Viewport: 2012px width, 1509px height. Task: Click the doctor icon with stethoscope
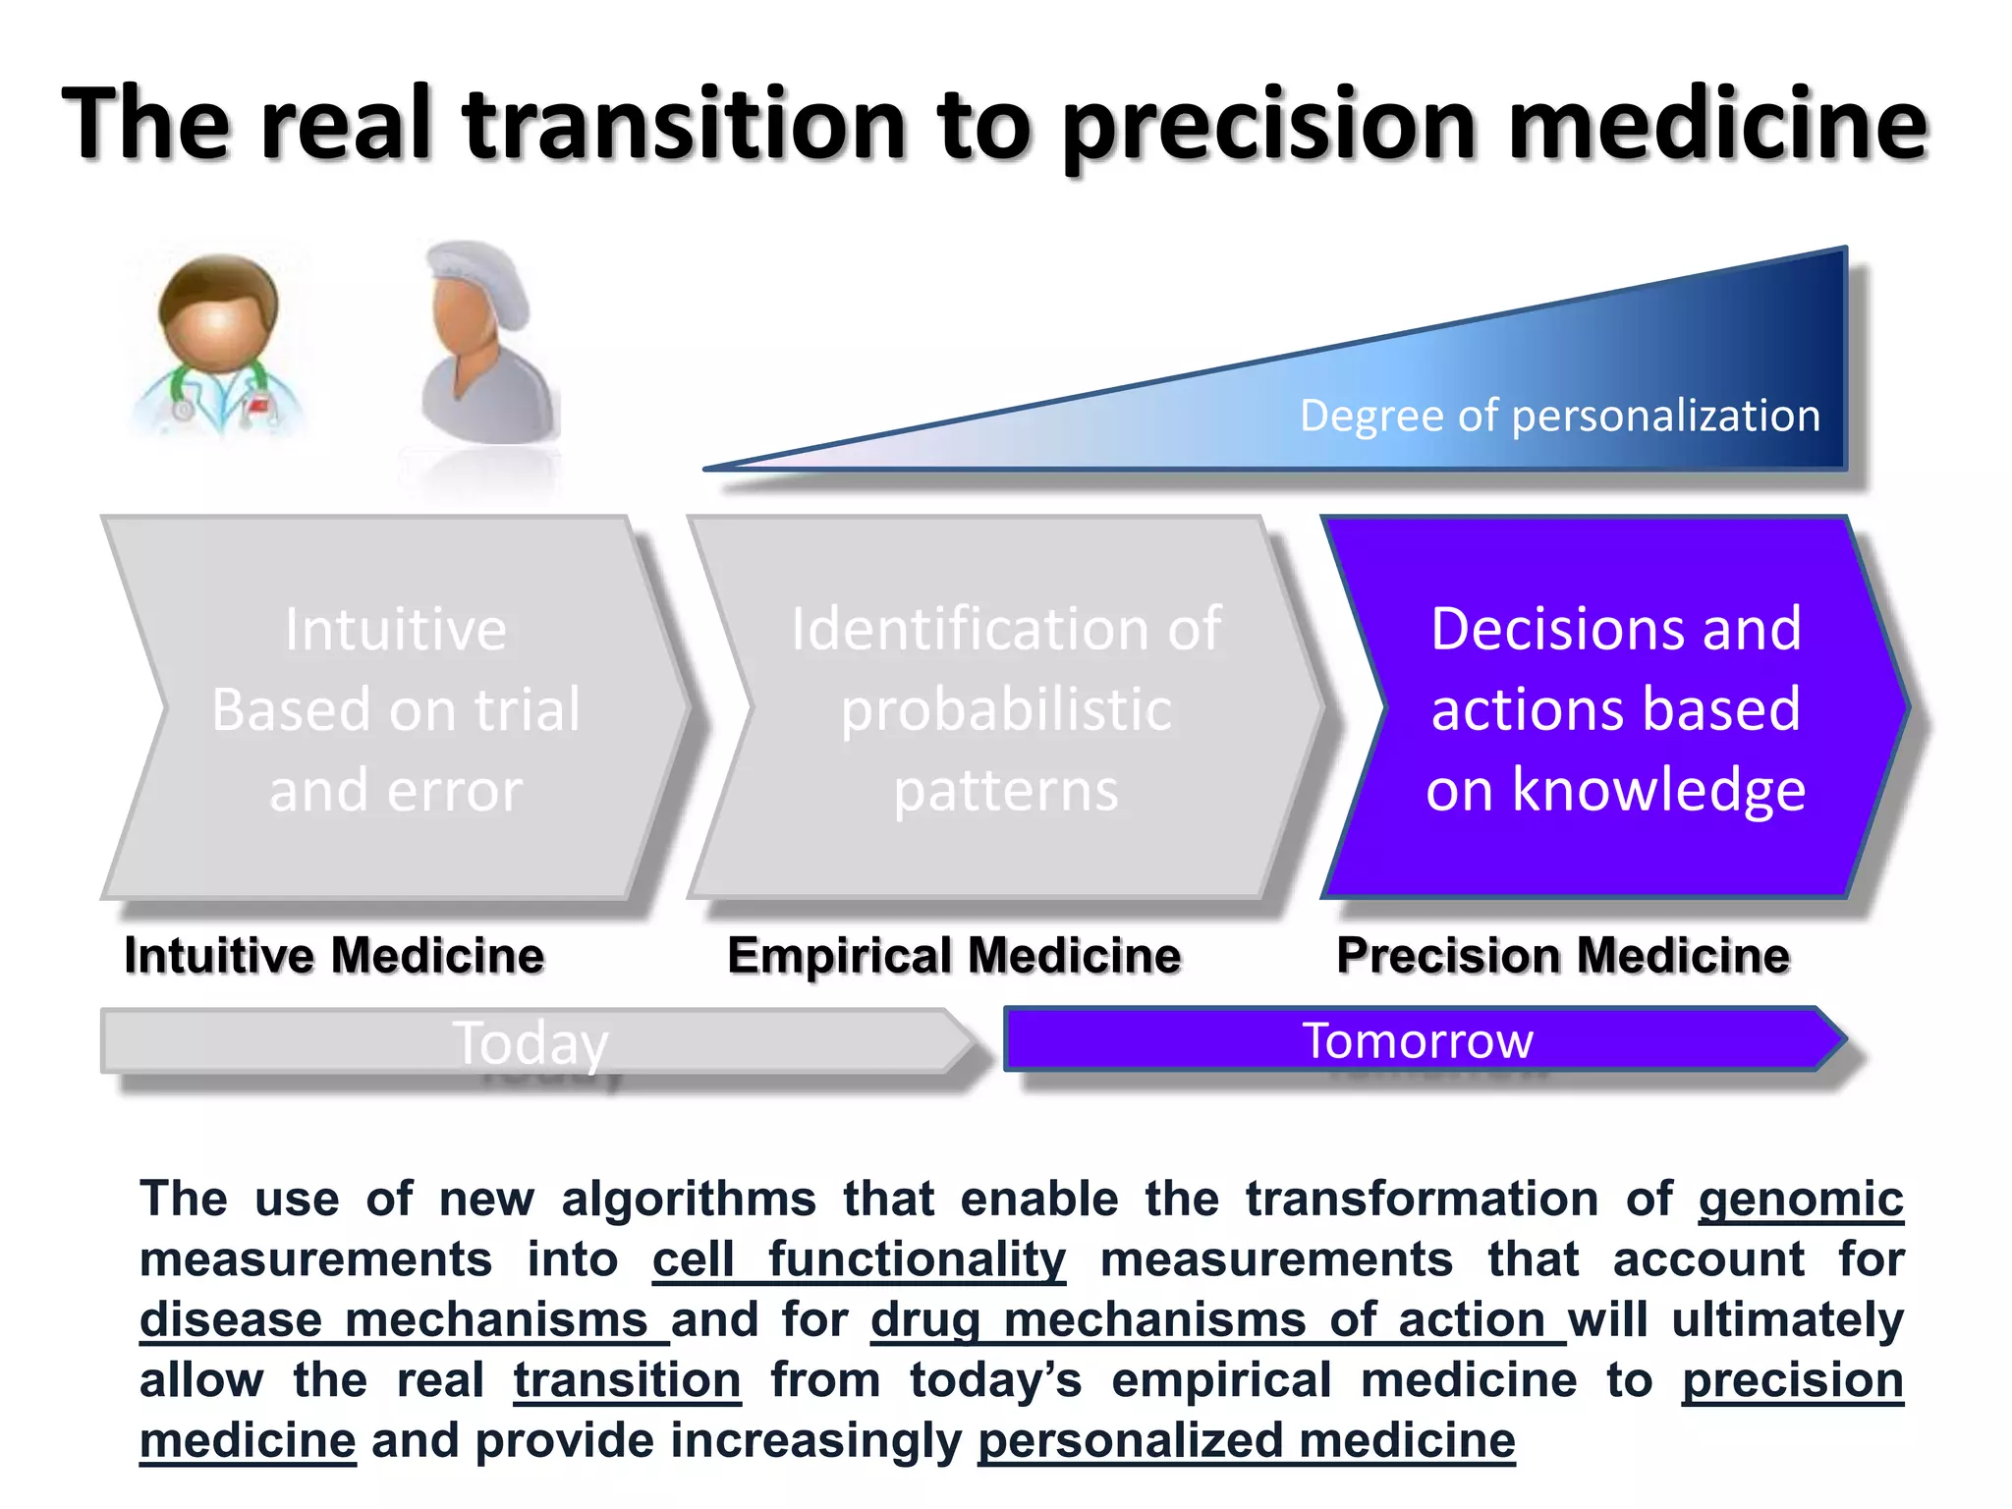218,344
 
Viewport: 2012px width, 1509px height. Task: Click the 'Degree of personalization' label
1559,416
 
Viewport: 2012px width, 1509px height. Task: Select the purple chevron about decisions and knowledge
1615,707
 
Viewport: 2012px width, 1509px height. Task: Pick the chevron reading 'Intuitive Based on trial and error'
396,707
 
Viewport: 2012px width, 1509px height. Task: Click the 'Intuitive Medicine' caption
334,956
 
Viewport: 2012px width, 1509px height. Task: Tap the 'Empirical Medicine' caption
954,956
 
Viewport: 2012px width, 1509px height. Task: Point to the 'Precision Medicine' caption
1563,956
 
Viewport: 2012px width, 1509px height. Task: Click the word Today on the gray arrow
531,1042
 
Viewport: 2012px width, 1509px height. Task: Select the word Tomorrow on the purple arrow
1417,1040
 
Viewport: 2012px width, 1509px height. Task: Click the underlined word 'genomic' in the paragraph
1800,1200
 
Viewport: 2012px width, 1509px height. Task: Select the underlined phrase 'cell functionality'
859,1260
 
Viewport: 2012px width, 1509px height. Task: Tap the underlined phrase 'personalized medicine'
1246,1441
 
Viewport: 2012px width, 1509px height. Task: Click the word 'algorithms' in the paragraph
688,1200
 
